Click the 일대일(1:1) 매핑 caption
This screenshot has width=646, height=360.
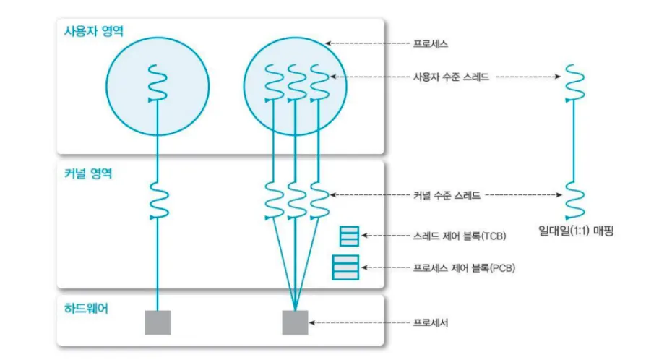click(x=575, y=232)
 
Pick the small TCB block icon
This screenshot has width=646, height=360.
click(x=349, y=236)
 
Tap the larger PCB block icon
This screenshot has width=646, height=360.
click(x=345, y=267)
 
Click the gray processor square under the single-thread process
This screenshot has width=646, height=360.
click(x=158, y=322)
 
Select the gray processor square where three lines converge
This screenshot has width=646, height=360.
click(x=295, y=322)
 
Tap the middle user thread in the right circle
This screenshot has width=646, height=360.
click(x=295, y=84)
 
